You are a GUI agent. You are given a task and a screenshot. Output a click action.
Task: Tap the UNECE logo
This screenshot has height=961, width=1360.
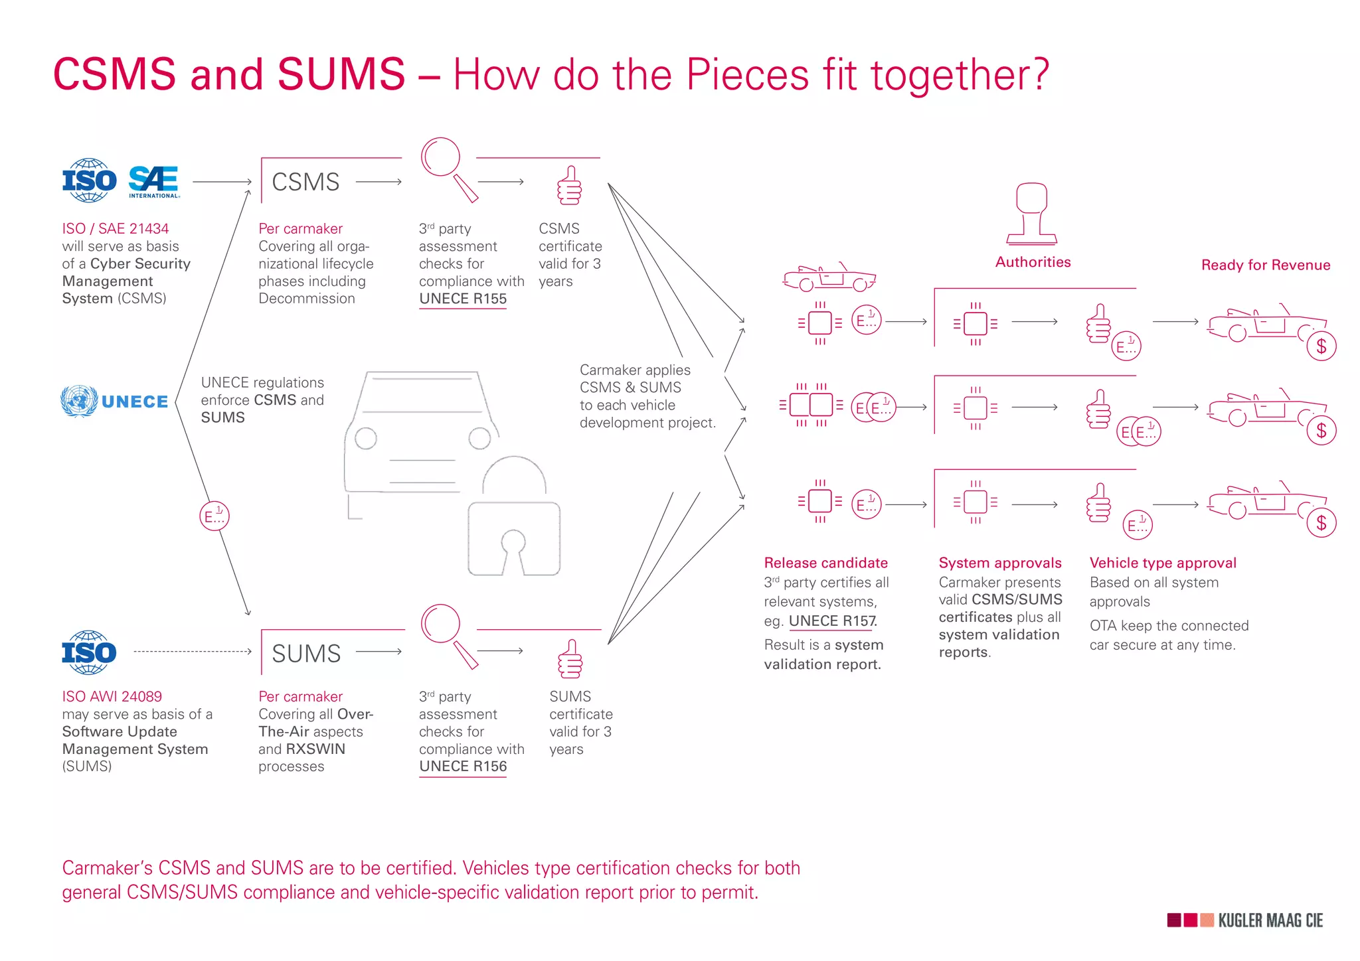click(x=114, y=402)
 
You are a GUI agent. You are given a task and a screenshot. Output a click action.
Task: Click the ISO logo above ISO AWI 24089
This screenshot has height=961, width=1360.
click(x=89, y=652)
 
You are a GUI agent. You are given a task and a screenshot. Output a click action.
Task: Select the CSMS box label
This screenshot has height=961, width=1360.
click(x=305, y=182)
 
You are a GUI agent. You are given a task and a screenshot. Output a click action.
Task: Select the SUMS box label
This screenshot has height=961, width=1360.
click(x=306, y=653)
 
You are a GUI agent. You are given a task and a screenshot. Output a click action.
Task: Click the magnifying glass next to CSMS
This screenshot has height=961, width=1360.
click(x=449, y=169)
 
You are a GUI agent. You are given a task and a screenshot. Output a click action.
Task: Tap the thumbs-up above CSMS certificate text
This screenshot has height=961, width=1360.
click(x=569, y=185)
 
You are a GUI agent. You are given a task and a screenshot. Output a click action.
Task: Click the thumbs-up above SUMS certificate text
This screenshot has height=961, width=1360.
click(x=570, y=658)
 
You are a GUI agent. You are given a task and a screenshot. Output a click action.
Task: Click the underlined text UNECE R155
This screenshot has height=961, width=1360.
click(x=463, y=299)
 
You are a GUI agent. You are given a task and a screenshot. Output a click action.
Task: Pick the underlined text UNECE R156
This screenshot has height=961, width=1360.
click(x=463, y=767)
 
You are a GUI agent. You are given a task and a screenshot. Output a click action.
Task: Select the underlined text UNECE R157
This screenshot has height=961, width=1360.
click(x=833, y=621)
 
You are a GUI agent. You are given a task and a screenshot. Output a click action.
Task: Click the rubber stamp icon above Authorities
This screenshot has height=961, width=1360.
click(x=1031, y=214)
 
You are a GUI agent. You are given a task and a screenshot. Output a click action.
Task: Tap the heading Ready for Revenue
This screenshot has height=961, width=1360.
click(x=1266, y=265)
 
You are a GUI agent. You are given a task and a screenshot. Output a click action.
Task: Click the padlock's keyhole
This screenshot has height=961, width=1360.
click(x=513, y=550)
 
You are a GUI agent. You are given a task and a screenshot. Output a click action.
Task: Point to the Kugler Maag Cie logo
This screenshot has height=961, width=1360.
click(x=1245, y=921)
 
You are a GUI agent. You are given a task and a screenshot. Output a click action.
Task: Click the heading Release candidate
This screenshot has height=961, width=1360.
click(x=825, y=563)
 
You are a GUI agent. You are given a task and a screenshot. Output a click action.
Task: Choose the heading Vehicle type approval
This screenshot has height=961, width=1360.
click(x=1163, y=563)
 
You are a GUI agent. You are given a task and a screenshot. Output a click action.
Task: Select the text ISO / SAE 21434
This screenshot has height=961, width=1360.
click(x=116, y=228)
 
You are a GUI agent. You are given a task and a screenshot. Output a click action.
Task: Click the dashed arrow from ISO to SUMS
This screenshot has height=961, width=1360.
click(x=193, y=652)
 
